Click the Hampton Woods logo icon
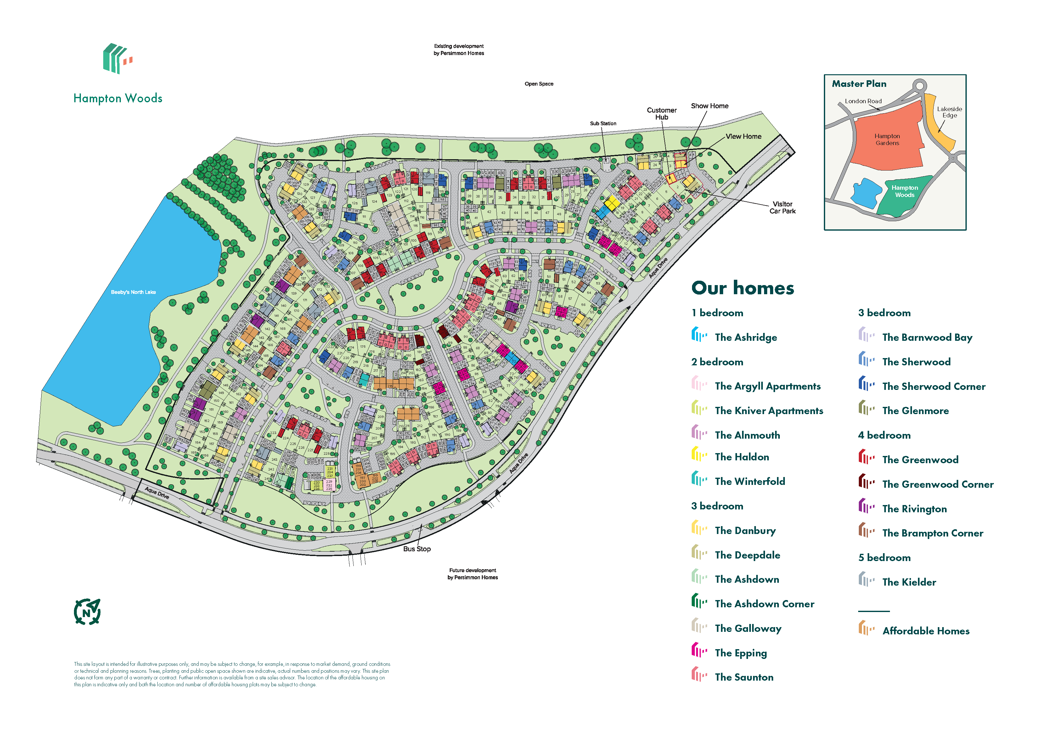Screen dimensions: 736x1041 tap(117, 59)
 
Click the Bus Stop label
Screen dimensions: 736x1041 tap(417, 549)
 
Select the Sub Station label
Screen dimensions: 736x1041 tap(603, 123)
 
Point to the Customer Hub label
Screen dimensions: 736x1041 tap(661, 113)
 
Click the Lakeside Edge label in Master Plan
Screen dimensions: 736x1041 tap(949, 112)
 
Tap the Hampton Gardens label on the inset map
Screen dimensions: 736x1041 tap(887, 139)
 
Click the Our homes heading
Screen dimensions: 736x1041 tap(742, 288)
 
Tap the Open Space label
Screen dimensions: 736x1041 tap(539, 84)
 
